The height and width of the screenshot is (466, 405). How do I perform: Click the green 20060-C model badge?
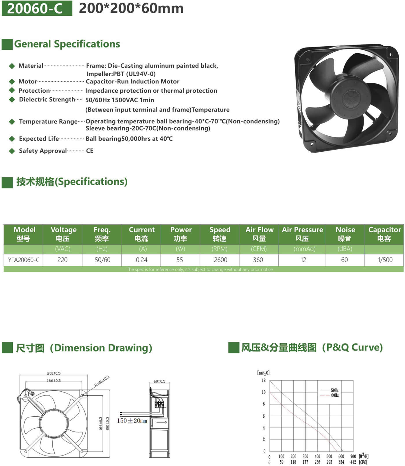coord(37,8)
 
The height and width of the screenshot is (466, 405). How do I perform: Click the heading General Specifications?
coord(67,44)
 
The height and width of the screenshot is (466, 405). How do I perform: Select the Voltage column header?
coord(63,234)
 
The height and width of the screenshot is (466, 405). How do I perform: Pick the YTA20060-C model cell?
coord(24,260)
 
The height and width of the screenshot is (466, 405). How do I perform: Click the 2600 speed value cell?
coord(220,260)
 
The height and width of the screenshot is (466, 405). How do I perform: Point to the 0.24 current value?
coord(141,260)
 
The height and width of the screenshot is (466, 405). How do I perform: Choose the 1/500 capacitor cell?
coord(385,260)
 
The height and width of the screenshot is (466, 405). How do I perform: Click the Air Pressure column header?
coord(302,234)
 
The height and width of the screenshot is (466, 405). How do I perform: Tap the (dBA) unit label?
coord(345,249)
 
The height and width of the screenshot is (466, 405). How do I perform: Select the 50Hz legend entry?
coord(335,390)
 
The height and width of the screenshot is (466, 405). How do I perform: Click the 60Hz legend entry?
coord(335,395)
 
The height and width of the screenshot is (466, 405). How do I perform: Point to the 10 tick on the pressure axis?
coord(264,392)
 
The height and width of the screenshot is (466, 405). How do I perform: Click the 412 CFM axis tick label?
coord(353,462)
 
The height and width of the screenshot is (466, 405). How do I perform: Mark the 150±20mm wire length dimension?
coord(132,421)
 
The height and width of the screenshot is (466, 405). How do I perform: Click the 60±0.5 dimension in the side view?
coord(159,381)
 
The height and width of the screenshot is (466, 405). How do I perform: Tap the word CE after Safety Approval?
coord(90,151)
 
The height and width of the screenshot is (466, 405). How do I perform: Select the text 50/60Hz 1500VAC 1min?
coord(119,100)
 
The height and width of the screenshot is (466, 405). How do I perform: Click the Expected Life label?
coord(39,139)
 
